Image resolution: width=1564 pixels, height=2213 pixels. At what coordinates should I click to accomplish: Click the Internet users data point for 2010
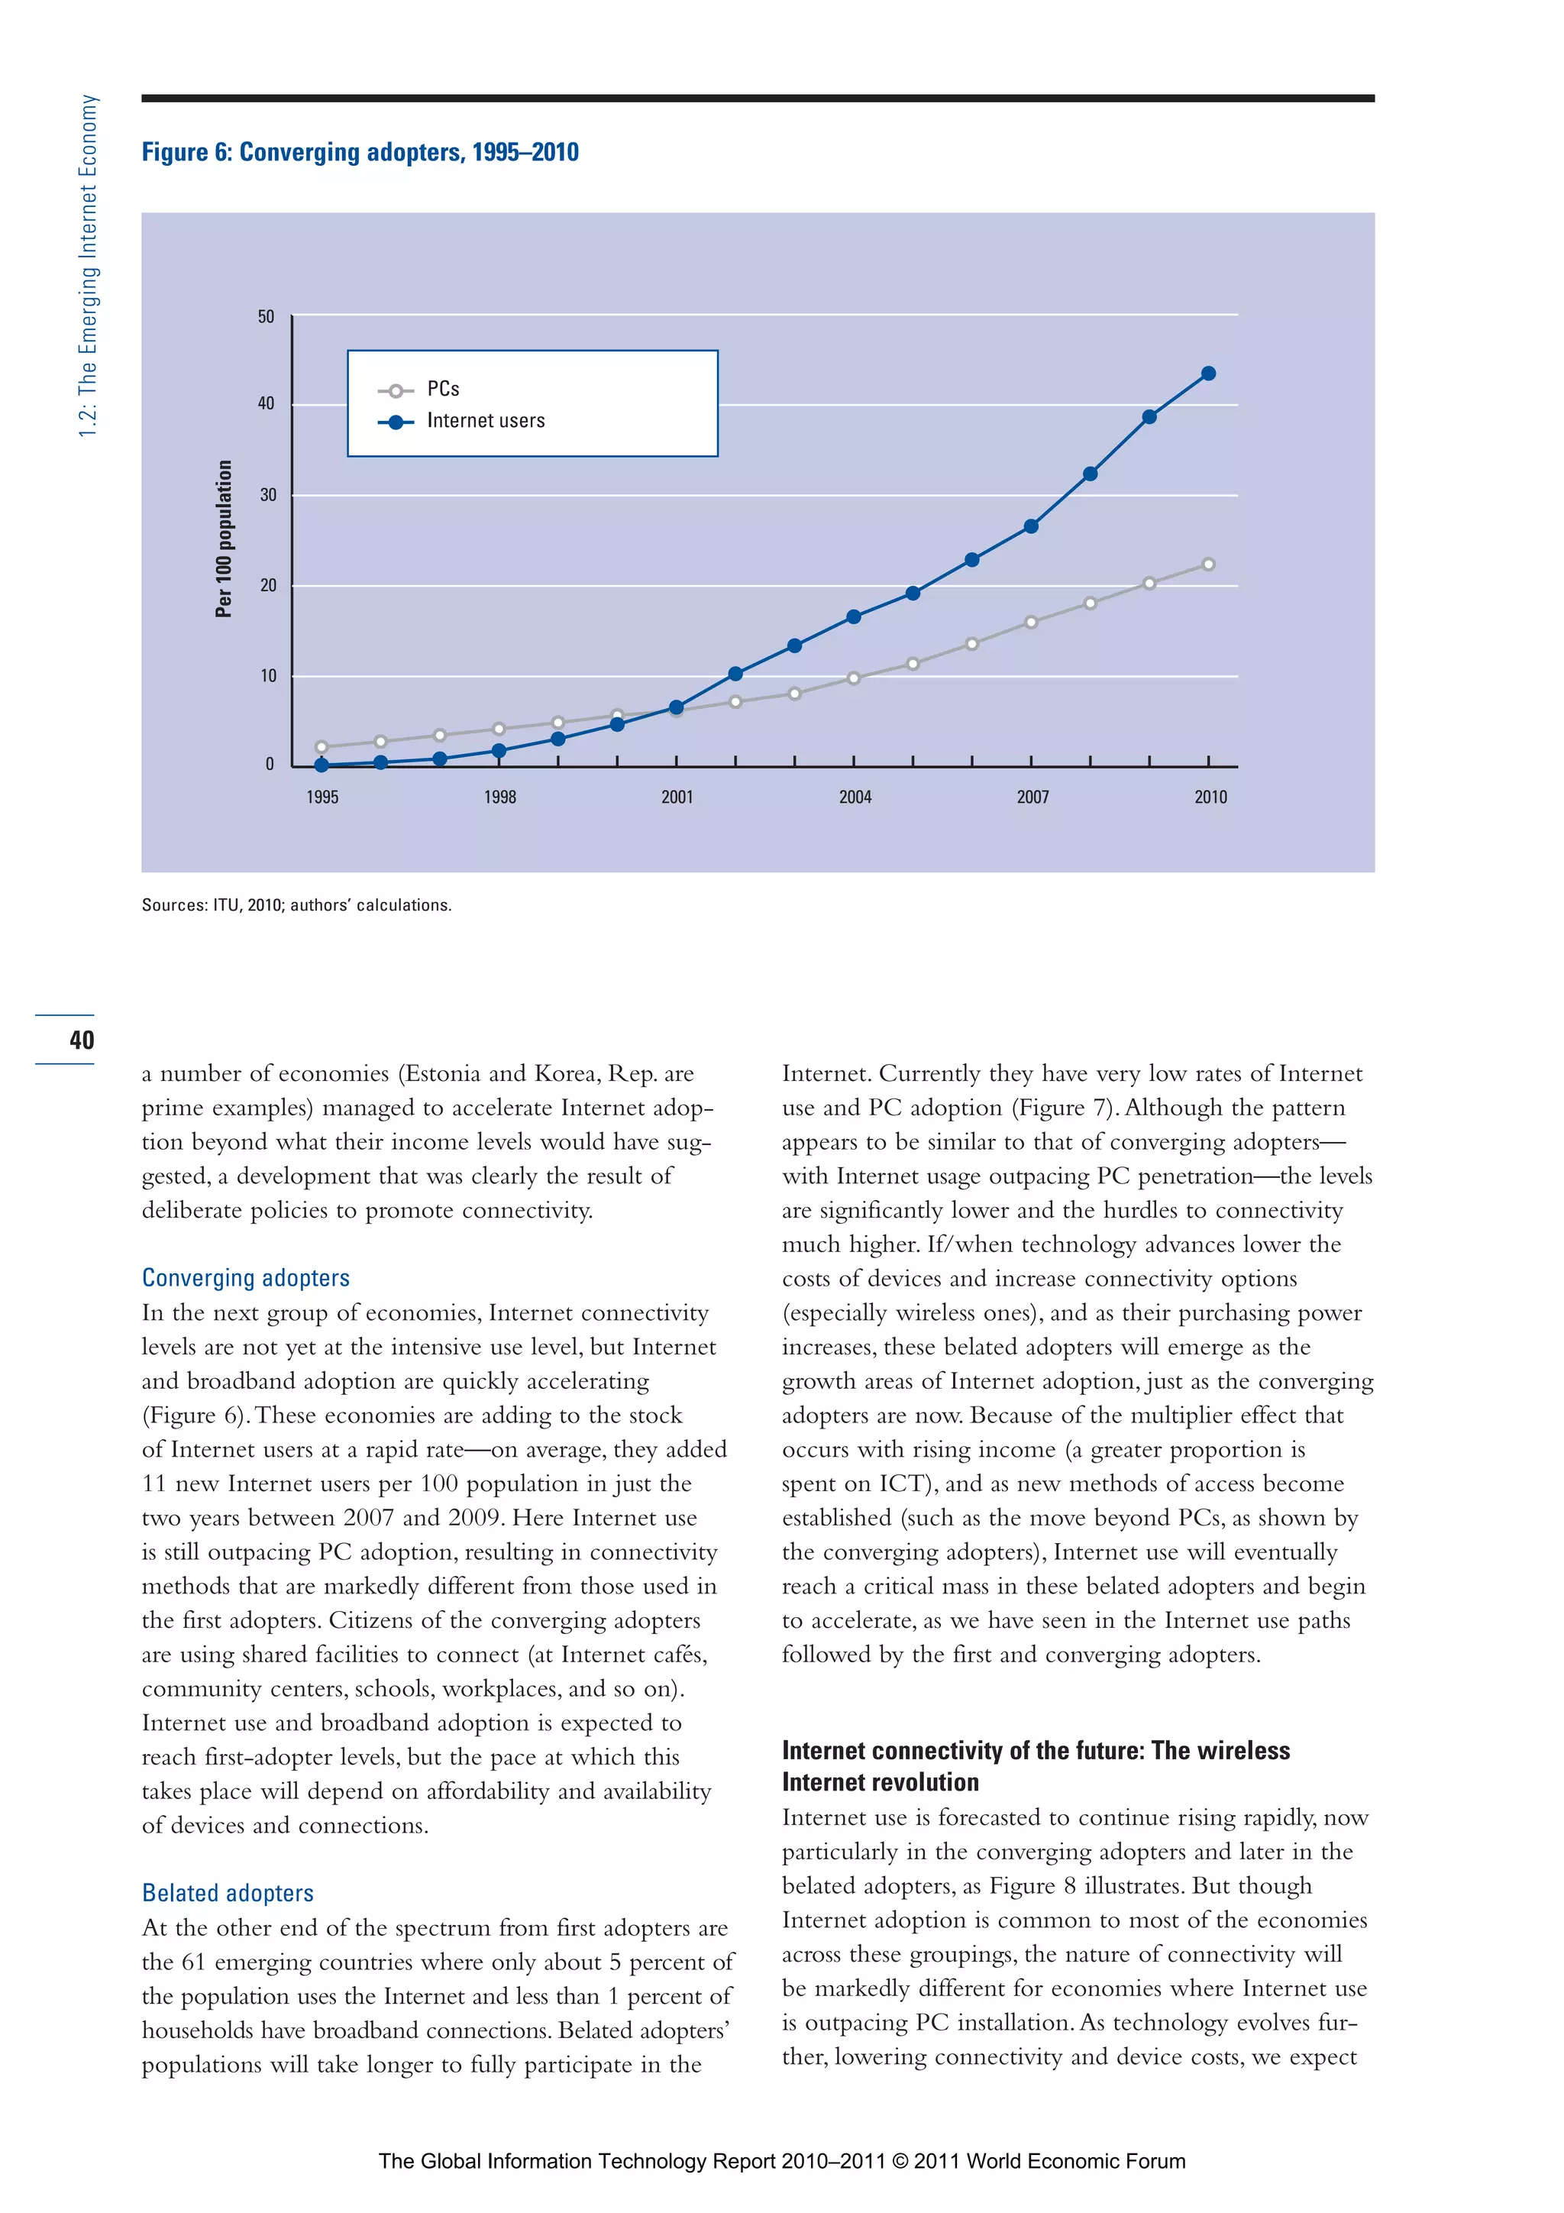pos(1208,373)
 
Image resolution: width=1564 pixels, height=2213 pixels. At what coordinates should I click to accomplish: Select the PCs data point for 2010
pos(1208,564)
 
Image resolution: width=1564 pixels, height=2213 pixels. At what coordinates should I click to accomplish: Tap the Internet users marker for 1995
pos(322,765)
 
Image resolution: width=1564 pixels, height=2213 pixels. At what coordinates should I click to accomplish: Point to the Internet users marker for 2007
pos(1031,526)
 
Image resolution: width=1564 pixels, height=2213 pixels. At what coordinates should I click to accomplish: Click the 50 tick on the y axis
pos(266,316)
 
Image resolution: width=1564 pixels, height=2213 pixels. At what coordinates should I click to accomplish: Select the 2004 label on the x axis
pos(855,797)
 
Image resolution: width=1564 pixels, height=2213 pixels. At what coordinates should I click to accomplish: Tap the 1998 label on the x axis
pos(499,797)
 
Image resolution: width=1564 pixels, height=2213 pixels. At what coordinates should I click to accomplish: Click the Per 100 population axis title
pos(224,538)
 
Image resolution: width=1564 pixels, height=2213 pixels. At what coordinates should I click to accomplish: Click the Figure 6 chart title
pos(360,152)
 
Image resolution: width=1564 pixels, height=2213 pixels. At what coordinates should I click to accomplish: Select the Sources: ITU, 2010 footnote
pos(296,905)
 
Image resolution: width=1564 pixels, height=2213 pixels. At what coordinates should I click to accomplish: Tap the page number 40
pos(82,1039)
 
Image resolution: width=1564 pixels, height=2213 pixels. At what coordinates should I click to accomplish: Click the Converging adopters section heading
pos(246,1278)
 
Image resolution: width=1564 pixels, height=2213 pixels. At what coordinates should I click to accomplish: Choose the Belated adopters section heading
pos(228,1893)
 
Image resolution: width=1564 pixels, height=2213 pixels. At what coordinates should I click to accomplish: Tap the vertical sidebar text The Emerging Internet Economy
pos(88,265)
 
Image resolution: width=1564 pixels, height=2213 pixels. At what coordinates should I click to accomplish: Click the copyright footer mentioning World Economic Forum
pos(781,2161)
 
